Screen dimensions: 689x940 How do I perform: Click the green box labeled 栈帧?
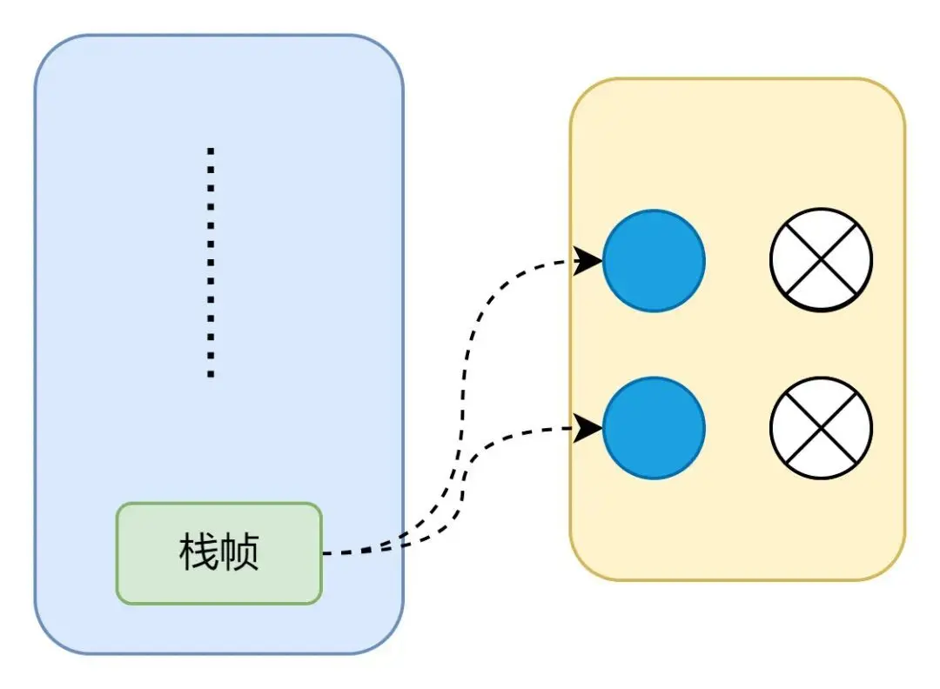coord(219,553)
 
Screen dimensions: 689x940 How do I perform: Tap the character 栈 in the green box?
coord(198,553)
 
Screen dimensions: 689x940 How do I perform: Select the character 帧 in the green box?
coord(239,553)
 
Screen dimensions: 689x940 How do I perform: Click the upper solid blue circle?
coord(653,260)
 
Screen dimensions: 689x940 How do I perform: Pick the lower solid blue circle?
coord(653,428)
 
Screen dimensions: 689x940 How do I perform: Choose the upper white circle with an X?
coord(821,260)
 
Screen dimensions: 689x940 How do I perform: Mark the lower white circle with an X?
coord(821,428)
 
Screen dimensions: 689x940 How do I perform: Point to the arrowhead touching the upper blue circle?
coord(590,259)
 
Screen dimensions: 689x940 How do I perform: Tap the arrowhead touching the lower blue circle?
coord(590,427)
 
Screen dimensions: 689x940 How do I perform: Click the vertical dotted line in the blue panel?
coord(211,261)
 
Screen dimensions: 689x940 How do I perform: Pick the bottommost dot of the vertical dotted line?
coord(211,375)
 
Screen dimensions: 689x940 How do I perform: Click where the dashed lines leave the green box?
coord(325,552)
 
